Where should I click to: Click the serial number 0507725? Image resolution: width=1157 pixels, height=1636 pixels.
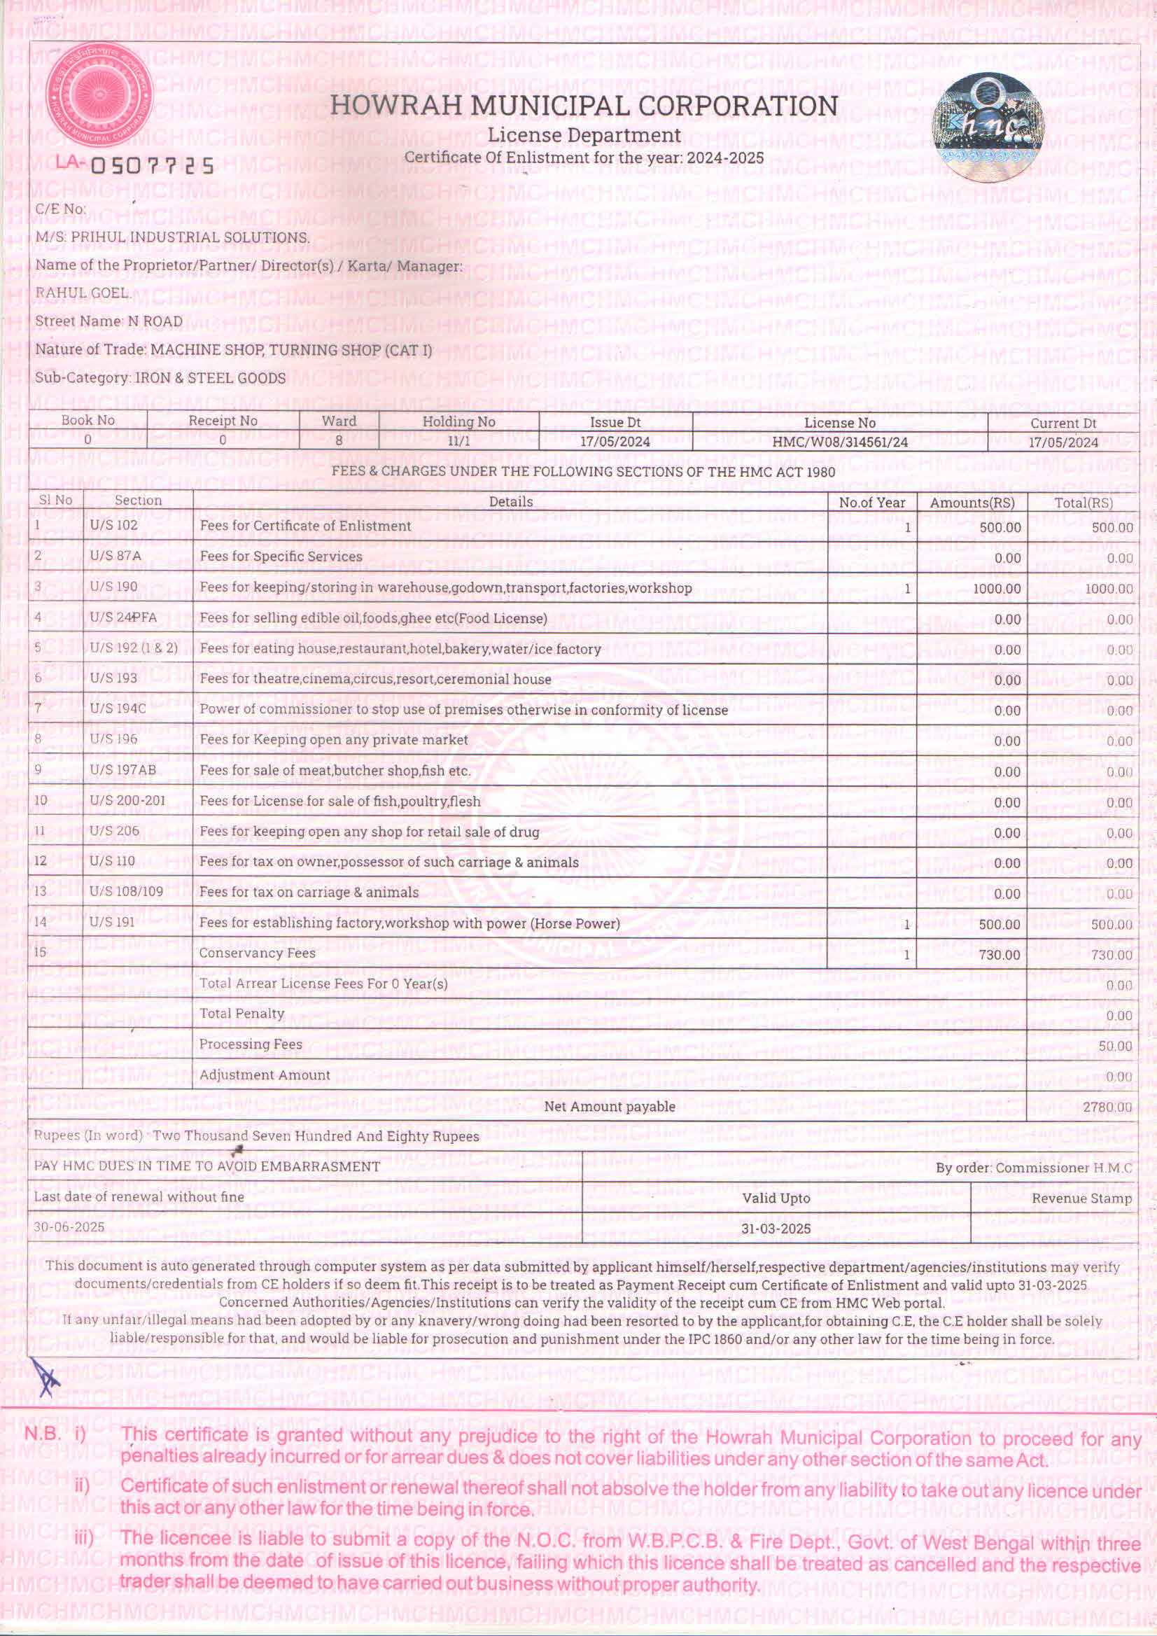click(152, 166)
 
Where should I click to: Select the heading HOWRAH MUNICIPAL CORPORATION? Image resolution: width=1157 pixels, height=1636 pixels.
click(584, 106)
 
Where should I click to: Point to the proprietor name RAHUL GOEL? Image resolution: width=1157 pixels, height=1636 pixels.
click(82, 293)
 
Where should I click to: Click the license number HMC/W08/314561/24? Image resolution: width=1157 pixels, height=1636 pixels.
click(839, 442)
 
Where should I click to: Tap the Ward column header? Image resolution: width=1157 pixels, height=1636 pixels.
click(338, 421)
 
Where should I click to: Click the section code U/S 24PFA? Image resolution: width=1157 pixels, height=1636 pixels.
click(122, 617)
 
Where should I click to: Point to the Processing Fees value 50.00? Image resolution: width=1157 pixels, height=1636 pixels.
click(1115, 1046)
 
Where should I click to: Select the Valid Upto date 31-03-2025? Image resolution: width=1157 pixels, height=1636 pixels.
click(775, 1229)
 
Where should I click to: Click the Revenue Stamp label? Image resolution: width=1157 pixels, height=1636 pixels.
click(1081, 1198)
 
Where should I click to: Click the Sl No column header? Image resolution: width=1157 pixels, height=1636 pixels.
click(55, 501)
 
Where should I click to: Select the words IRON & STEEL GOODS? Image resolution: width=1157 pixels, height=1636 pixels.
click(210, 378)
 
